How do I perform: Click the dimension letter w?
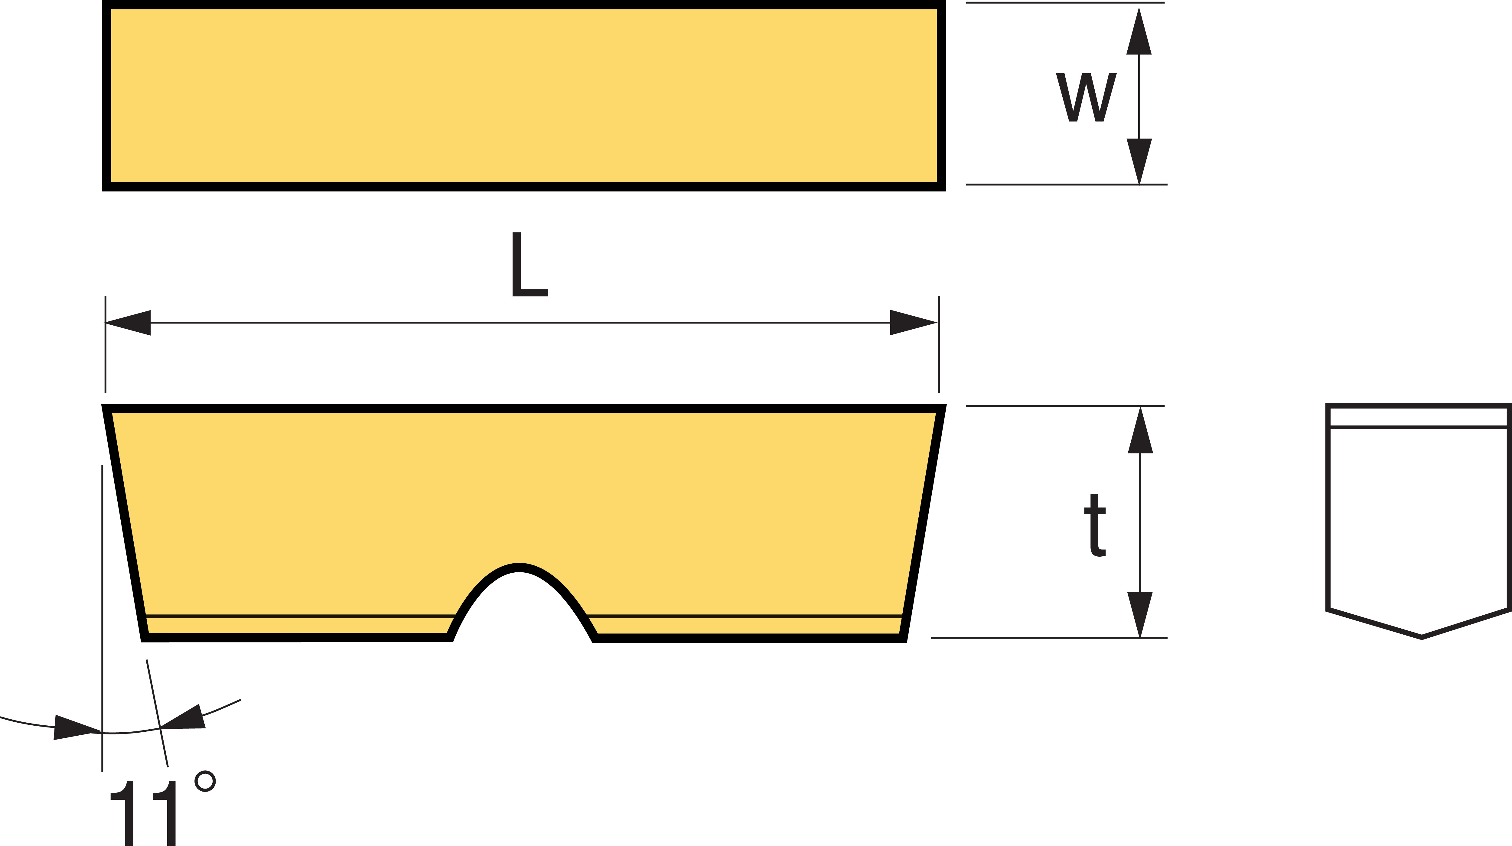(x=1086, y=97)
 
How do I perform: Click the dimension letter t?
(x=1095, y=525)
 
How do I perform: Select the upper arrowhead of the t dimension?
(x=1140, y=431)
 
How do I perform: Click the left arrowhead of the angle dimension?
(x=76, y=727)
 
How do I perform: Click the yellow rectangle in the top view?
(x=523, y=96)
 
